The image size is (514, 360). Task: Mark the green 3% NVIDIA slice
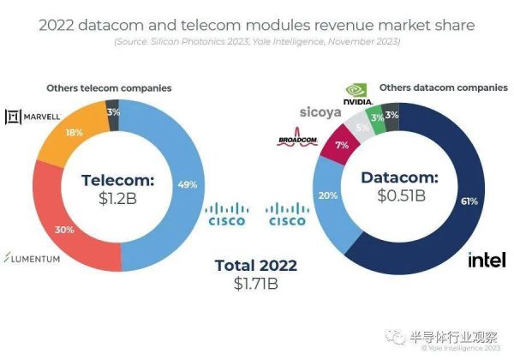[x=377, y=117]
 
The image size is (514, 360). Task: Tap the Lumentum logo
[x=32, y=257]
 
